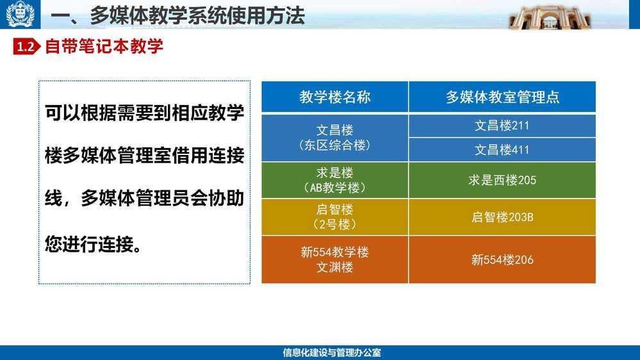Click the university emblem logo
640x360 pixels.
tap(20, 14)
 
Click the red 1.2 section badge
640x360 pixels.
tap(26, 47)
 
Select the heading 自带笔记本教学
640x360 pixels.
tap(104, 47)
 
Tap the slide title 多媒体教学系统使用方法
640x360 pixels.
tap(198, 16)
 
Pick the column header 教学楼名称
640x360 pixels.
tap(334, 97)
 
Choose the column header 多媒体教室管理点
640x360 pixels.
tap(502, 97)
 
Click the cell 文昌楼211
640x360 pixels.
tap(502, 126)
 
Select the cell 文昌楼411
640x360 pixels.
tap(502, 150)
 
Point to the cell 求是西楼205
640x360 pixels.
tap(502, 180)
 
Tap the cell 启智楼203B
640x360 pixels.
tap(502, 217)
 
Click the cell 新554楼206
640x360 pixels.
tap(502, 259)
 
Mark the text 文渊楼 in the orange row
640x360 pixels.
tap(334, 267)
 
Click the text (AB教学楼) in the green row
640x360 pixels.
tap(334, 188)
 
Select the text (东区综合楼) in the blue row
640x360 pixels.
tap(334, 145)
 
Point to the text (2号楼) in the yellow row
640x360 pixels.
tap(334, 224)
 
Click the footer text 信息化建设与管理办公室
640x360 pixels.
tap(332, 353)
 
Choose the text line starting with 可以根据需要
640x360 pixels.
tap(145, 113)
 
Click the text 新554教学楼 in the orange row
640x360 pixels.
tap(334, 252)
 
